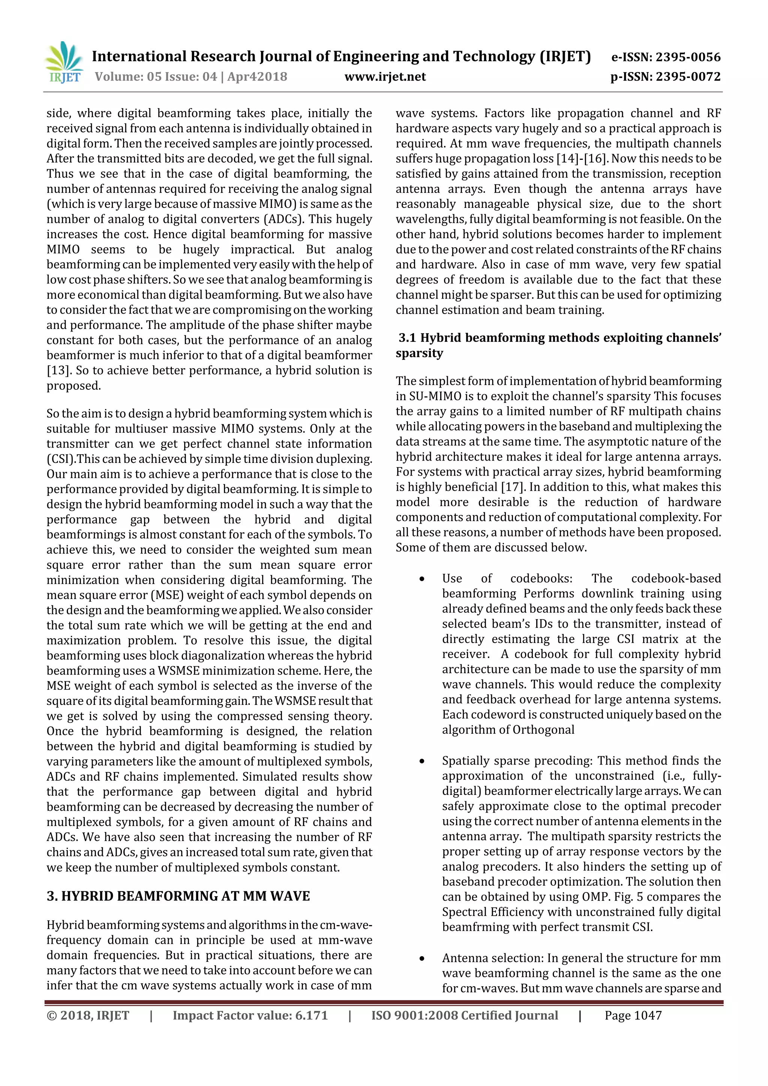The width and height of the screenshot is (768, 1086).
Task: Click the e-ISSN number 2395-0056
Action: pyautogui.click(x=688, y=57)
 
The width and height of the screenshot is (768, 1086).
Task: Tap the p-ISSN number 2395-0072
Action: pyautogui.click(x=688, y=77)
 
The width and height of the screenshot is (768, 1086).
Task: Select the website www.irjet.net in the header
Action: pyautogui.click(x=385, y=77)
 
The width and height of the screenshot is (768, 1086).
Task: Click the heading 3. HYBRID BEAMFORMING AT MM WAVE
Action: pyautogui.click(x=178, y=896)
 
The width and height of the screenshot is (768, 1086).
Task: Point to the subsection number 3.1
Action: pyautogui.click(x=407, y=338)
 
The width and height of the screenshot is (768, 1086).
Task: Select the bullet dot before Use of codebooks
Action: pyautogui.click(x=421, y=579)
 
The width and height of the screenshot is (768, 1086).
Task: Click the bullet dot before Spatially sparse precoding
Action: pyautogui.click(x=421, y=761)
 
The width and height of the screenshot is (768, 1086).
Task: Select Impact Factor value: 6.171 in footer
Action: pyautogui.click(x=250, y=1015)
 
